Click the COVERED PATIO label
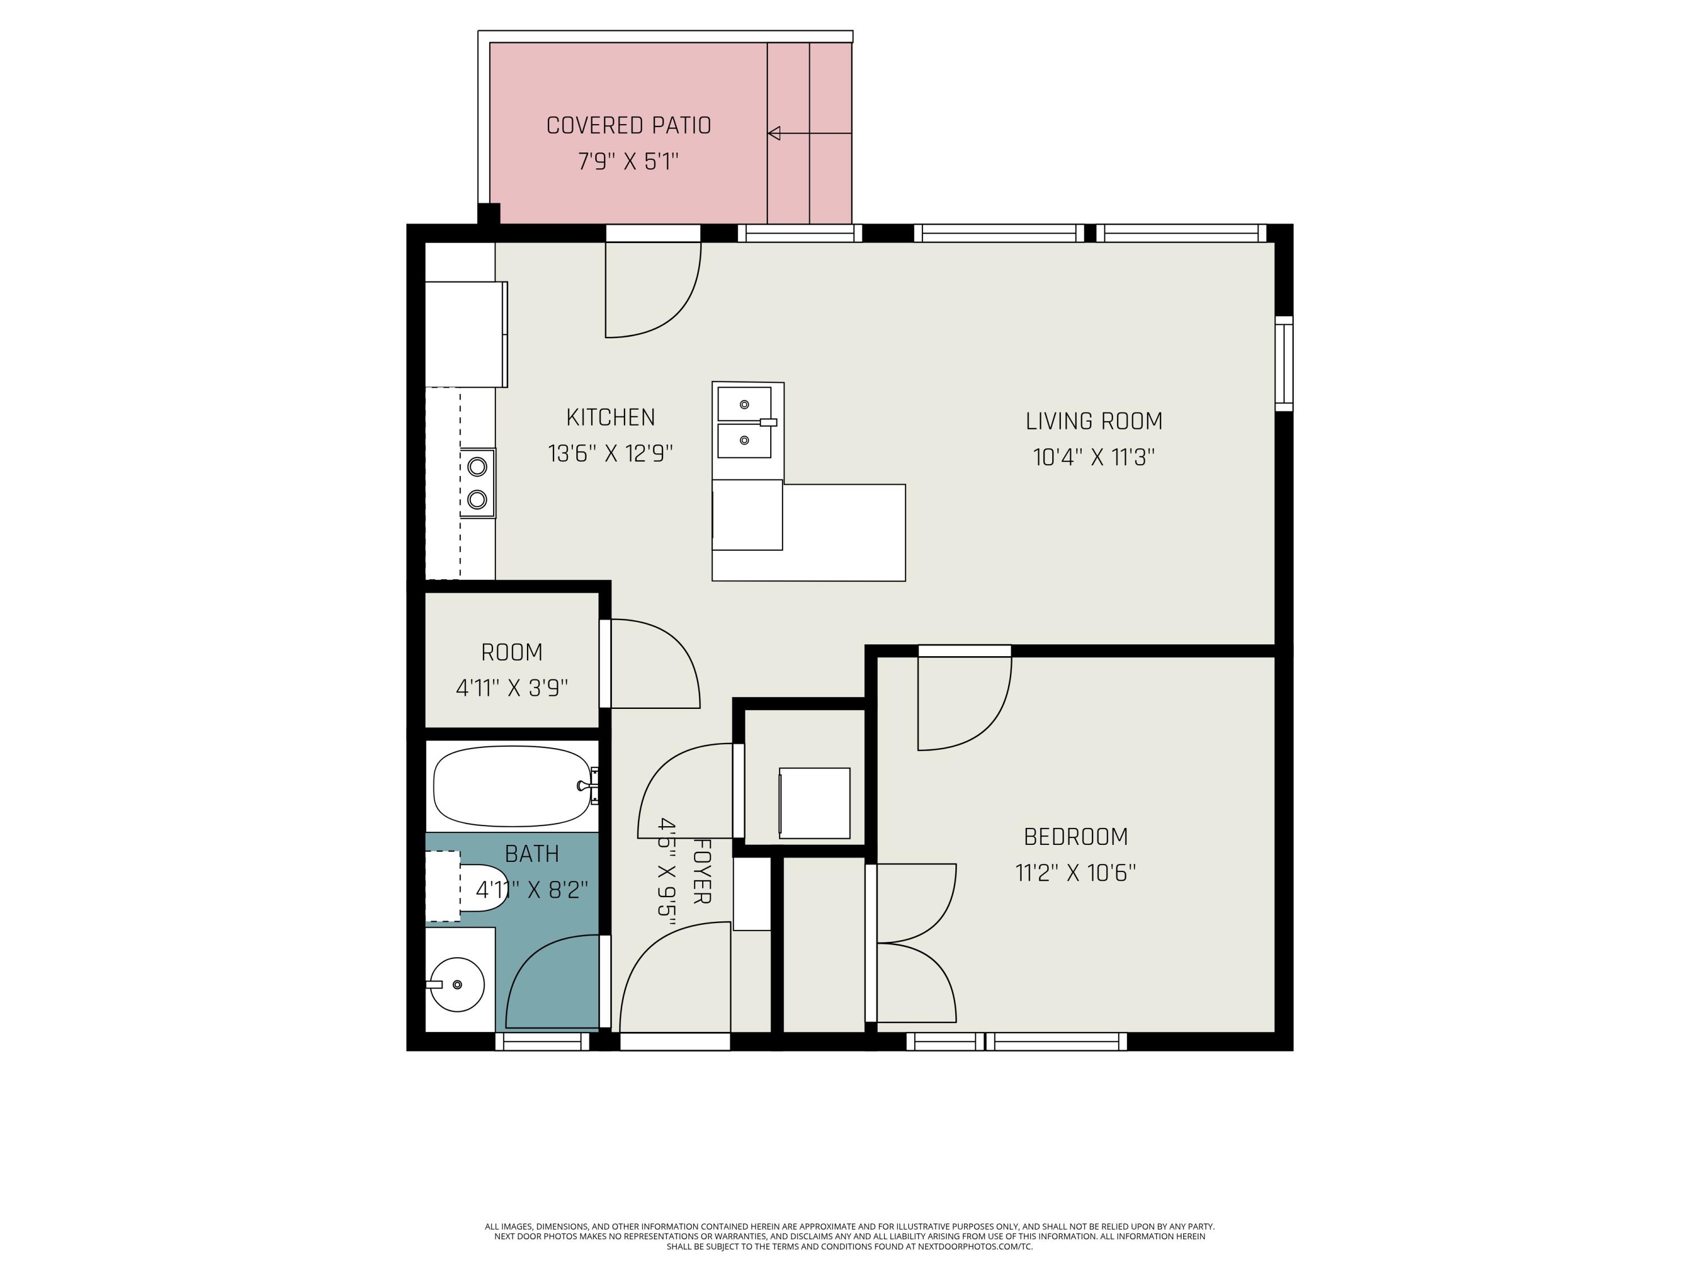(628, 125)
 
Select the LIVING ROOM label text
(1094, 421)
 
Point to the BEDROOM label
(1076, 836)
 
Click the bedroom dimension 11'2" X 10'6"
(1076, 873)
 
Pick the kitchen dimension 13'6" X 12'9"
(611, 453)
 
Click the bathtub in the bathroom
(513, 786)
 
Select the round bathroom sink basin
(457, 984)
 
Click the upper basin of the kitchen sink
(744, 404)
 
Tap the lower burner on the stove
(477, 500)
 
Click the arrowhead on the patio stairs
(774, 133)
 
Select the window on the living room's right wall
(1283, 364)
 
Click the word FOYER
(702, 871)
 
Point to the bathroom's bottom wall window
(542, 1042)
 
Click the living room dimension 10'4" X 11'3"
(1094, 457)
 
